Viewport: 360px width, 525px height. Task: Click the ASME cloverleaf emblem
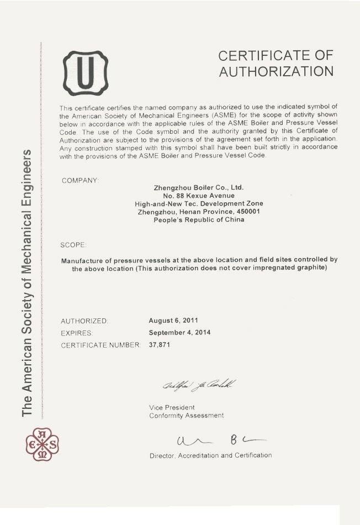[x=42, y=444]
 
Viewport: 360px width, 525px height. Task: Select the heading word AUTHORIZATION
[x=276, y=72]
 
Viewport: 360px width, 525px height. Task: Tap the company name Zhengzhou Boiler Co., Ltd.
[x=198, y=187]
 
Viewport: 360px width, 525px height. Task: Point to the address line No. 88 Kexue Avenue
[x=198, y=196]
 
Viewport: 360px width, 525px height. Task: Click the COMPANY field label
[x=80, y=181]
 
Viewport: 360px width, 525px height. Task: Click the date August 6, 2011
[x=174, y=320]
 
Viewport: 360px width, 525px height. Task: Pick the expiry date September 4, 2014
[x=179, y=333]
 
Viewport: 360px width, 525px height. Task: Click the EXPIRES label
[x=77, y=333]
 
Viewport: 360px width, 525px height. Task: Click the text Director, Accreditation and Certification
[x=210, y=455]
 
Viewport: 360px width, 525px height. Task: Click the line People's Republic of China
[x=198, y=219]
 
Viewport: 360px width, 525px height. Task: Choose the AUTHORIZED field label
[x=84, y=321]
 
